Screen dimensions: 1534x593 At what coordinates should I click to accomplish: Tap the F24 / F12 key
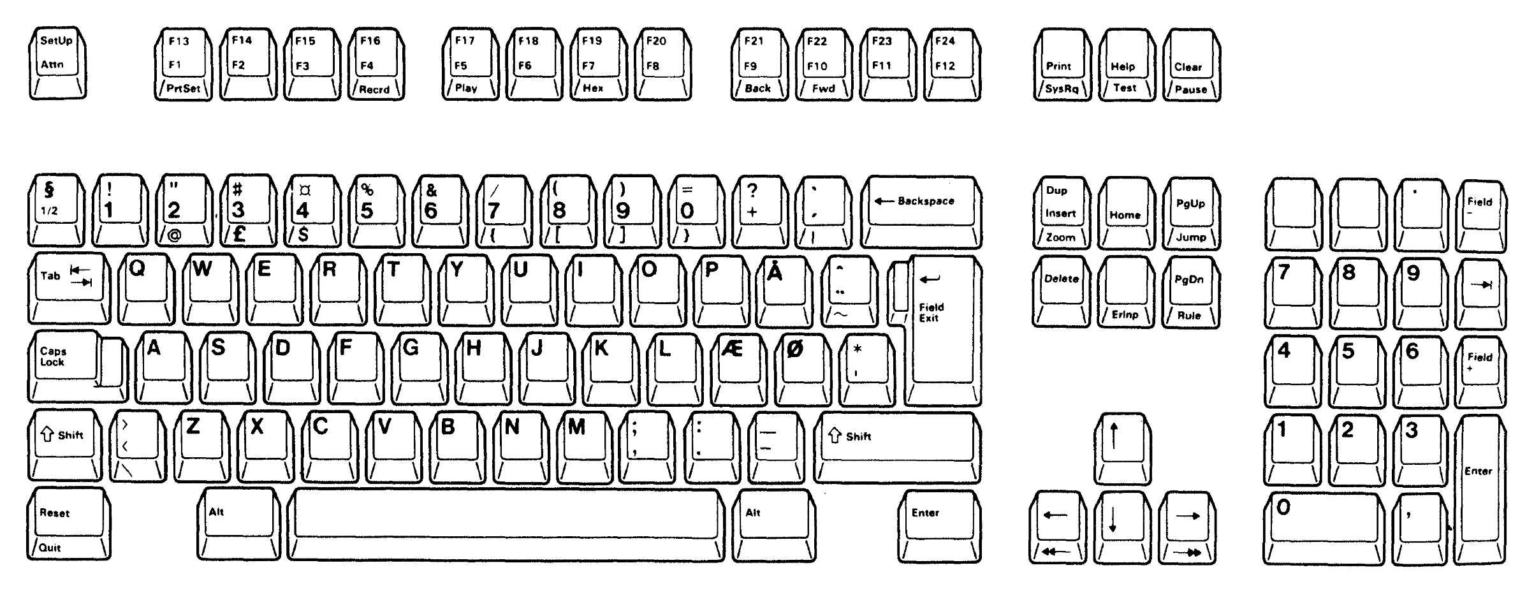pos(952,64)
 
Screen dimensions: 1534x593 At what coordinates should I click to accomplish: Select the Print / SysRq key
pos(1062,64)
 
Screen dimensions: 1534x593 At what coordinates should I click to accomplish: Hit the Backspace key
pos(921,212)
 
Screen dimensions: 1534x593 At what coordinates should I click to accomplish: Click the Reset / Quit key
pos(68,523)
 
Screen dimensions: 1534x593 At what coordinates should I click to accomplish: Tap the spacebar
pos(506,525)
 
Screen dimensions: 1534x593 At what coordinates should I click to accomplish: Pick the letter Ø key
pos(803,369)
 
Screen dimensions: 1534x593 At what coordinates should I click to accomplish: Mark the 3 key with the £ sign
pos(248,210)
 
